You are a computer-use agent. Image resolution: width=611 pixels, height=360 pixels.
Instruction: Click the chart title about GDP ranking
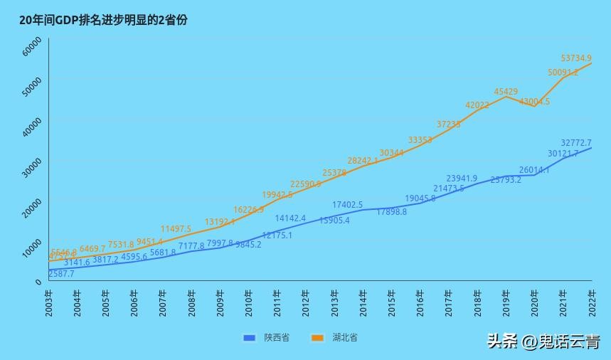104,21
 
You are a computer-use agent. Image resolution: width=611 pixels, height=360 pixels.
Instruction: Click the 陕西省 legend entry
267,337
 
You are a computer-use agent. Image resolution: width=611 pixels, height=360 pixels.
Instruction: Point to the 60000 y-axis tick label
33,49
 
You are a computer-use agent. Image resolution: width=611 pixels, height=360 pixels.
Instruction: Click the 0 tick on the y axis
38,282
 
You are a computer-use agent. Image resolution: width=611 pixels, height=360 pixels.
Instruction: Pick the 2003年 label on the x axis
48,302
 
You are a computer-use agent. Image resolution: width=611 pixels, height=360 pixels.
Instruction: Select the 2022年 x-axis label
592,302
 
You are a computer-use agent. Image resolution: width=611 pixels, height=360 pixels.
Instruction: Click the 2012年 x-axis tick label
306,302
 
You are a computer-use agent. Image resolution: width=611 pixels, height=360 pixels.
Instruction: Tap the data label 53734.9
576,58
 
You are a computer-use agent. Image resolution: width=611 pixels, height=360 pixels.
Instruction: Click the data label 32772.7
576,143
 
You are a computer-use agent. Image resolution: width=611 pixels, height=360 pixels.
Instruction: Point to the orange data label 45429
506,92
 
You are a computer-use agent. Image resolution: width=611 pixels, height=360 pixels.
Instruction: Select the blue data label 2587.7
61,274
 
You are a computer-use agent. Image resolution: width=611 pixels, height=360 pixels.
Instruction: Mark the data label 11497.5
176,229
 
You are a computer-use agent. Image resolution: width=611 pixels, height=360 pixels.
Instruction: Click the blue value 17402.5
348,205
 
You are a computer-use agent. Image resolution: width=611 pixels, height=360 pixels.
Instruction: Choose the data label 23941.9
462,179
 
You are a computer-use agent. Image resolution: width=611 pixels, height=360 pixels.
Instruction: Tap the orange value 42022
477,105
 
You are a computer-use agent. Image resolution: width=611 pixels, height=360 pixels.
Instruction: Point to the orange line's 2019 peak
506,97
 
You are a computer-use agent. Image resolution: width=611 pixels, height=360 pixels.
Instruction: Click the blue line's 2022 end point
591,148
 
